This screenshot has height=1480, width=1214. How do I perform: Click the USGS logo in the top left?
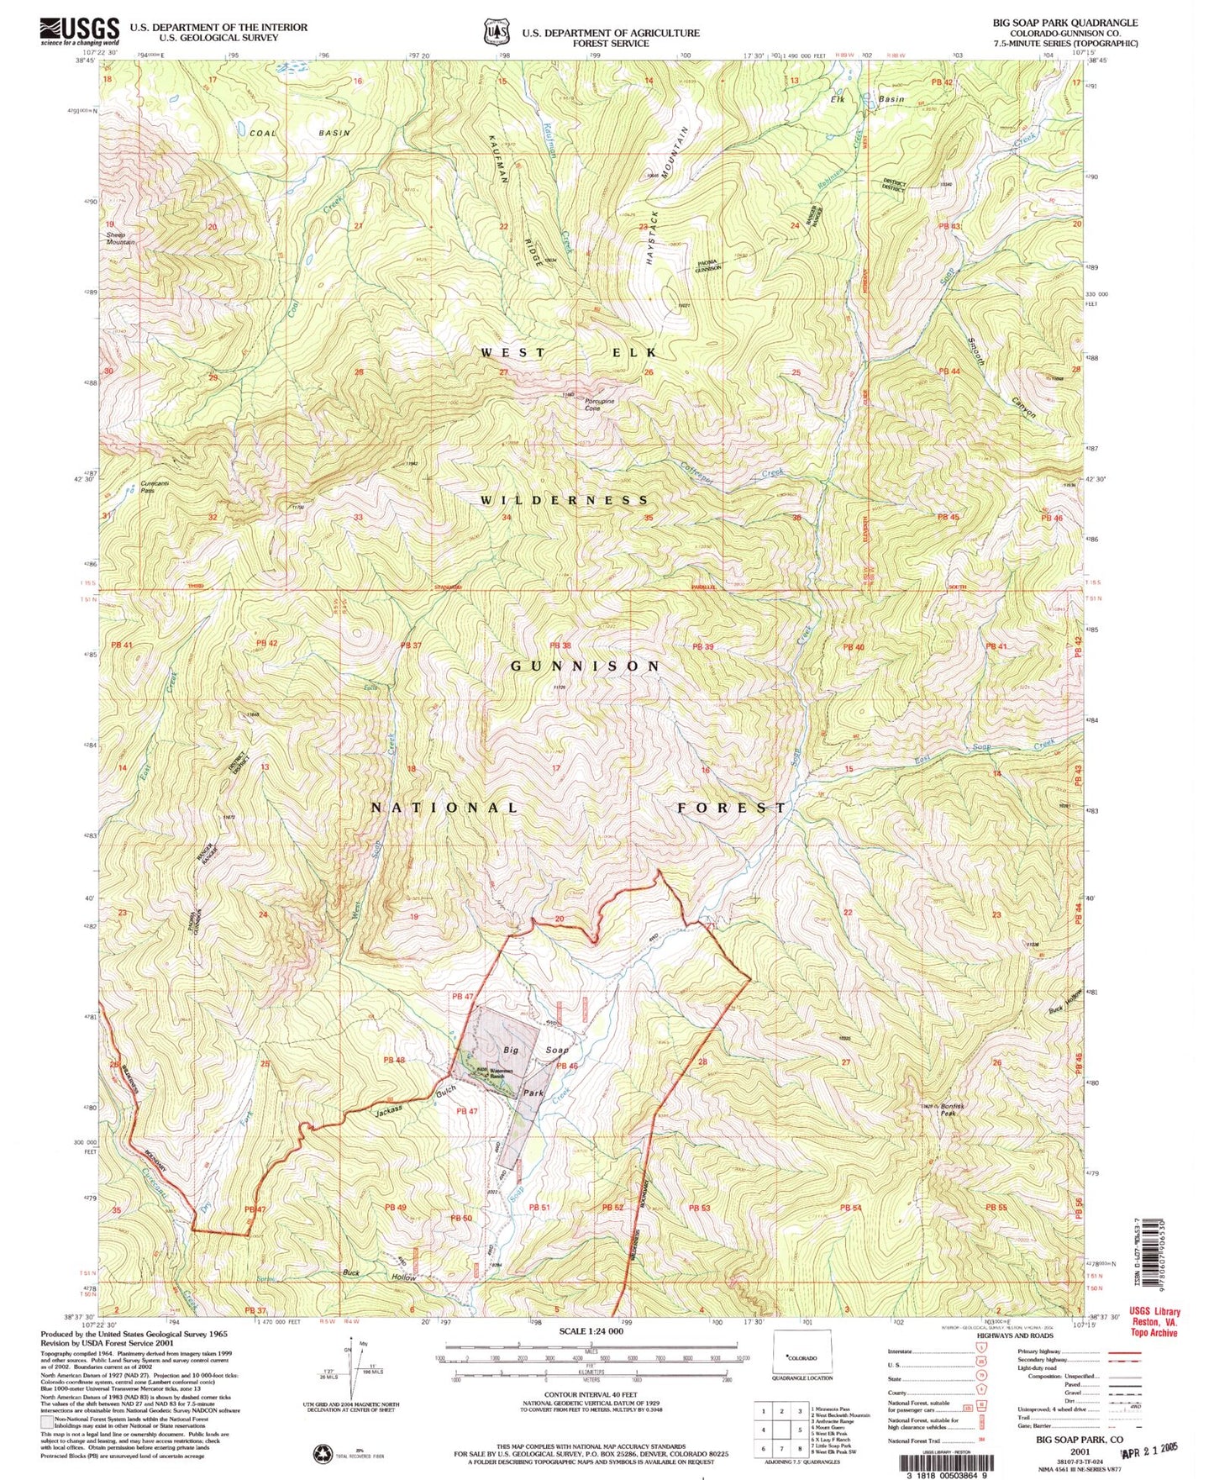click(80, 31)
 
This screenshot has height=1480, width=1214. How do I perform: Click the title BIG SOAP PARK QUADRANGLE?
click(1065, 23)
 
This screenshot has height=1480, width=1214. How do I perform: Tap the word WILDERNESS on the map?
click(565, 500)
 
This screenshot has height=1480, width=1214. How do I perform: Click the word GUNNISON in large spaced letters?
click(586, 665)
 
